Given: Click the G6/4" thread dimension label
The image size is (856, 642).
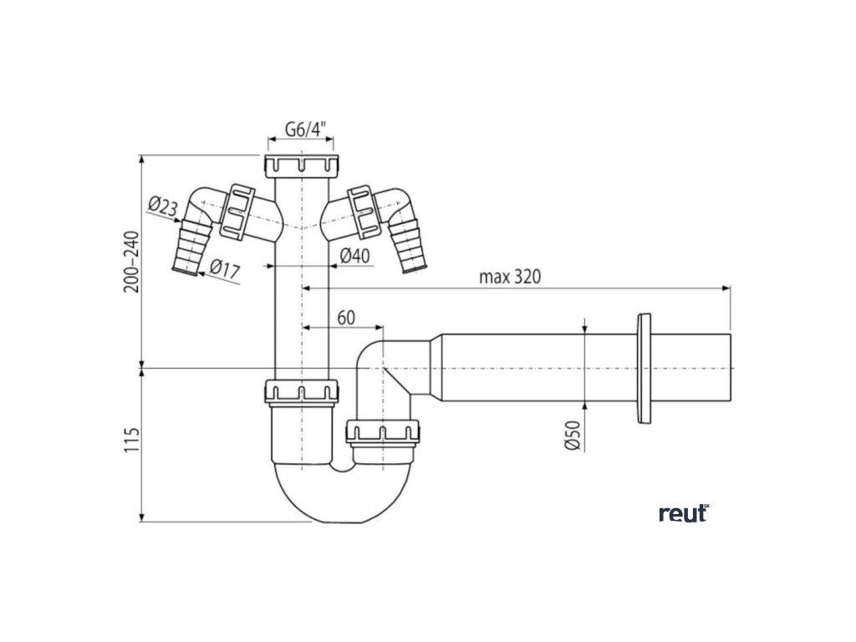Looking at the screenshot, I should click(x=302, y=130).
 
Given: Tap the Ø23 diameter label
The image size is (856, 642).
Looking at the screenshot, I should click(x=164, y=206).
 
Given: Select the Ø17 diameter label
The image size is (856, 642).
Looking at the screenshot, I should click(x=227, y=269).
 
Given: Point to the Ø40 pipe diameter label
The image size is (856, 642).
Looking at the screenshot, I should click(x=355, y=255).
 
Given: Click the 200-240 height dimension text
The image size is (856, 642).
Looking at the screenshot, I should click(x=132, y=261).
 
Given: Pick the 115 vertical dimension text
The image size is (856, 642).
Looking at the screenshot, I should click(x=132, y=440).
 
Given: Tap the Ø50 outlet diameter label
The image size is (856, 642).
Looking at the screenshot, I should click(x=573, y=435).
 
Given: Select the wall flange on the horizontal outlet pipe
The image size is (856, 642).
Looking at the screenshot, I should click(x=645, y=369).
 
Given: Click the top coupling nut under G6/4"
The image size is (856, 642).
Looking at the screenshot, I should click(x=302, y=165).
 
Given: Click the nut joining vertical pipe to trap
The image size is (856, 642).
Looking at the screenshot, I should click(x=302, y=391).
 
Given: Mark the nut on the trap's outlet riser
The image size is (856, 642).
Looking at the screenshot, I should click(x=384, y=433).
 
